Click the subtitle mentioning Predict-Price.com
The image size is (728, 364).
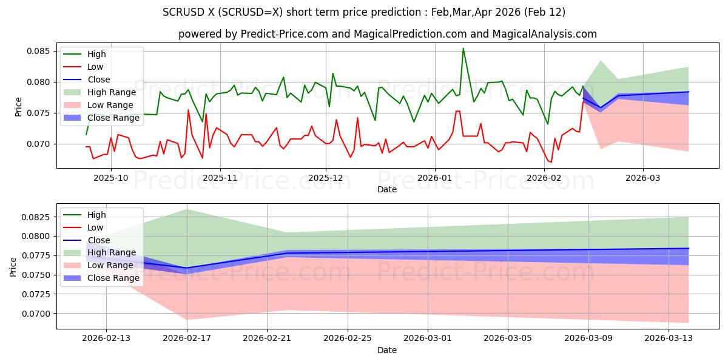click(387, 35)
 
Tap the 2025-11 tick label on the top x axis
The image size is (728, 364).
click(220, 178)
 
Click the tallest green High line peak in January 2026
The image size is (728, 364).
click(463, 49)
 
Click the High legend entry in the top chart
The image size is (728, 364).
click(96, 55)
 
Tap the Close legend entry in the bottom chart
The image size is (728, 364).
click(99, 240)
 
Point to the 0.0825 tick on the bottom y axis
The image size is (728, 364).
click(38, 217)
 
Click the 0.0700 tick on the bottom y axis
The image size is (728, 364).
click(38, 314)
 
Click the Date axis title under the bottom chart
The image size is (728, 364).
click(387, 350)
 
